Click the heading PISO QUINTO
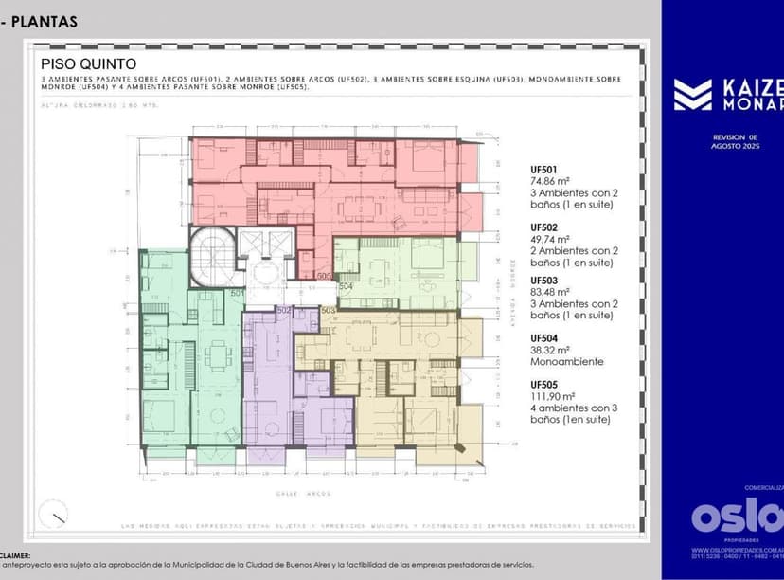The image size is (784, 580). click(88, 63)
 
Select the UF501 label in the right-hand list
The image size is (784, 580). click(543, 170)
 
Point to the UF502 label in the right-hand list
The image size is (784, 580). click(543, 228)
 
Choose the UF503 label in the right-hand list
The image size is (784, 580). click(543, 281)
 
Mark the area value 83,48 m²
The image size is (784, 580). click(549, 292)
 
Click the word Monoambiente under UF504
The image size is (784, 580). click(566, 362)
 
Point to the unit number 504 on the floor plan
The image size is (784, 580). click(346, 285)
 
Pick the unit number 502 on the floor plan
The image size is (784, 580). click(283, 310)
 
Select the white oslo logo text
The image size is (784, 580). click(737, 517)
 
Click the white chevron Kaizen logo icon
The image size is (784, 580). click(692, 95)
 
